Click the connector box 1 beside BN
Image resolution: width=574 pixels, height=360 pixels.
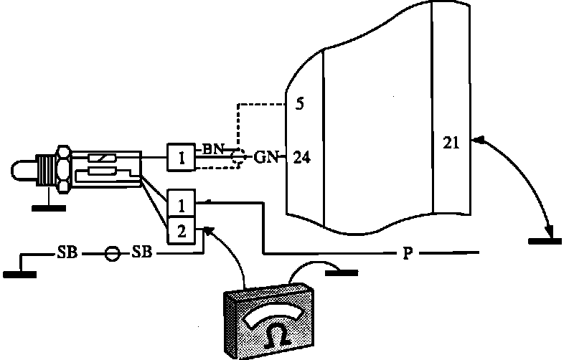tap(182, 157)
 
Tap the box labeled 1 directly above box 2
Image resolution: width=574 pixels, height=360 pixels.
tap(182, 206)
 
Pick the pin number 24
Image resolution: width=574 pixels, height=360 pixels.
tap(302, 156)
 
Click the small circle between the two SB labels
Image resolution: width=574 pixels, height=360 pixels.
tap(111, 254)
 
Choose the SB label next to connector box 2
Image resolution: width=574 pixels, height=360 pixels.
tap(141, 254)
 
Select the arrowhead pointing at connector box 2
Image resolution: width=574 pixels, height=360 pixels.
tap(209, 229)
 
